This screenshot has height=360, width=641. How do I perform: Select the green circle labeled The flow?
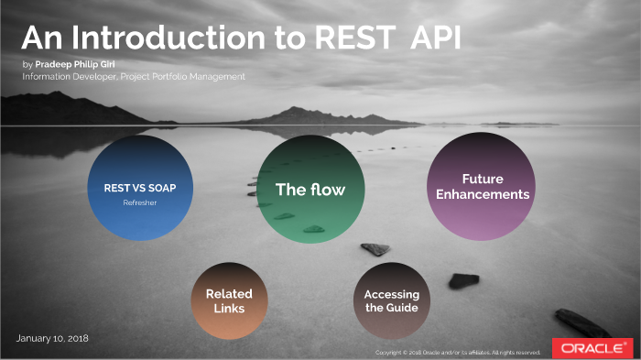pos(310,189)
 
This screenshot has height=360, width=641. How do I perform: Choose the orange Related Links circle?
pos(229,300)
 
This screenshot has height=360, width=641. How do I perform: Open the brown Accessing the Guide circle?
pos(392,300)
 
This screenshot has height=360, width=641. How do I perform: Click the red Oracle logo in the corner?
pos(592,348)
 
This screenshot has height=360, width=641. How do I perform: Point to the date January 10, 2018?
pos(52,339)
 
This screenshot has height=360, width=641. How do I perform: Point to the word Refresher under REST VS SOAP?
pos(140,202)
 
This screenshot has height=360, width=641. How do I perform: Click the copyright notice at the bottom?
pos(458,352)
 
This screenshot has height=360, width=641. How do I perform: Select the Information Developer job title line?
pos(135,77)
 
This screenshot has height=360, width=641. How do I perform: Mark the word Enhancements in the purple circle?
pos(483,194)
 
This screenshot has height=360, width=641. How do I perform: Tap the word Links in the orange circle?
pos(229,309)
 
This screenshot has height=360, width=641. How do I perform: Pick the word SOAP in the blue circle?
pos(158,188)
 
